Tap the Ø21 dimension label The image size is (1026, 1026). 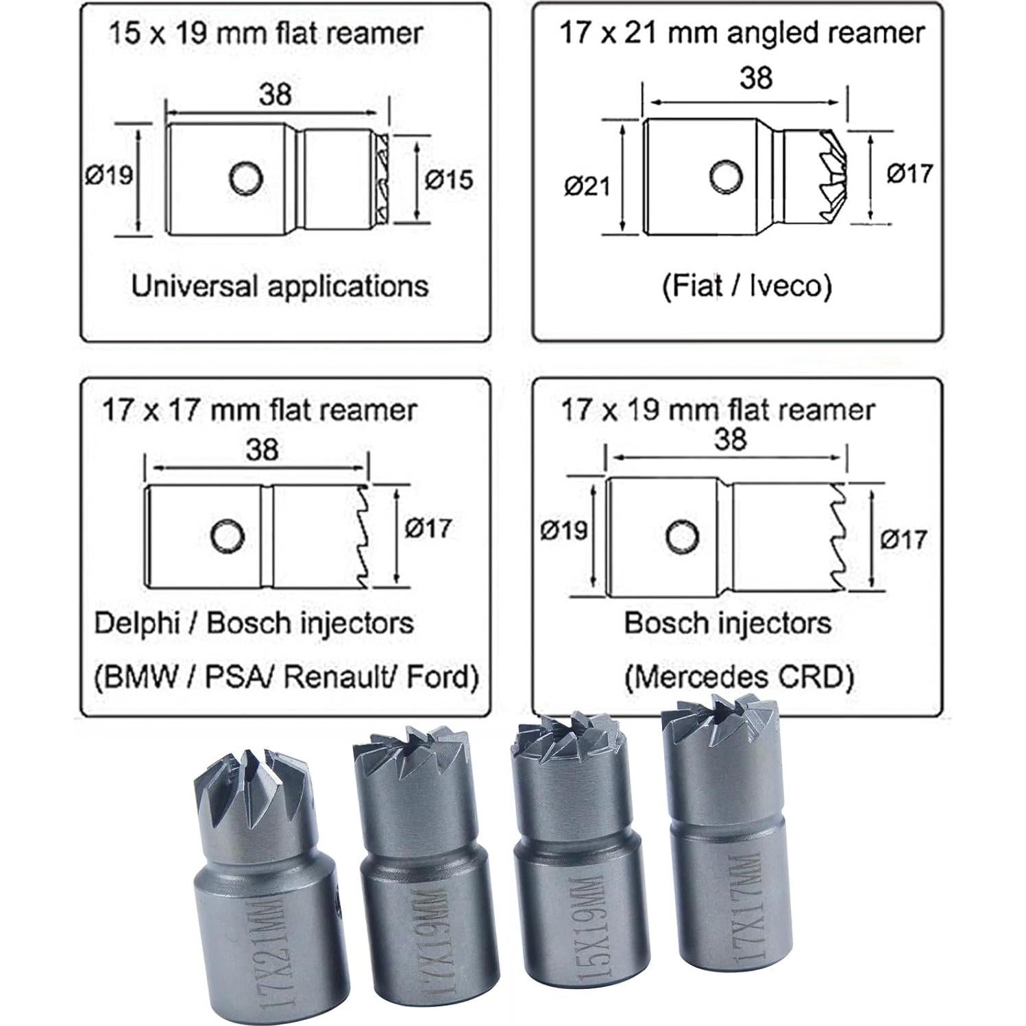(587, 186)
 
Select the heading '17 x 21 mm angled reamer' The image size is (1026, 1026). (742, 32)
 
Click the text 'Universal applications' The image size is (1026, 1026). (280, 286)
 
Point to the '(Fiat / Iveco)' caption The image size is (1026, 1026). (747, 286)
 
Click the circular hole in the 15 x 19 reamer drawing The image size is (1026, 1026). (246, 178)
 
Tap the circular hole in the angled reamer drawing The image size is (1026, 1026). (726, 177)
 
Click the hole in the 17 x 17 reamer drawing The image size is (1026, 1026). (228, 537)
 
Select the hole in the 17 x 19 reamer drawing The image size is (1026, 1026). (683, 535)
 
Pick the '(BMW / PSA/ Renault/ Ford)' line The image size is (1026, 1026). (286, 677)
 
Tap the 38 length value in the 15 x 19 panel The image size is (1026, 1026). (276, 94)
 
